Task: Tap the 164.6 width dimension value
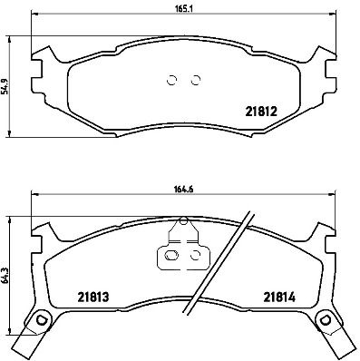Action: click(x=185, y=189)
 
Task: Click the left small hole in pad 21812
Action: click(x=173, y=79)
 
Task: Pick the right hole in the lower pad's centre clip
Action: click(x=195, y=257)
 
